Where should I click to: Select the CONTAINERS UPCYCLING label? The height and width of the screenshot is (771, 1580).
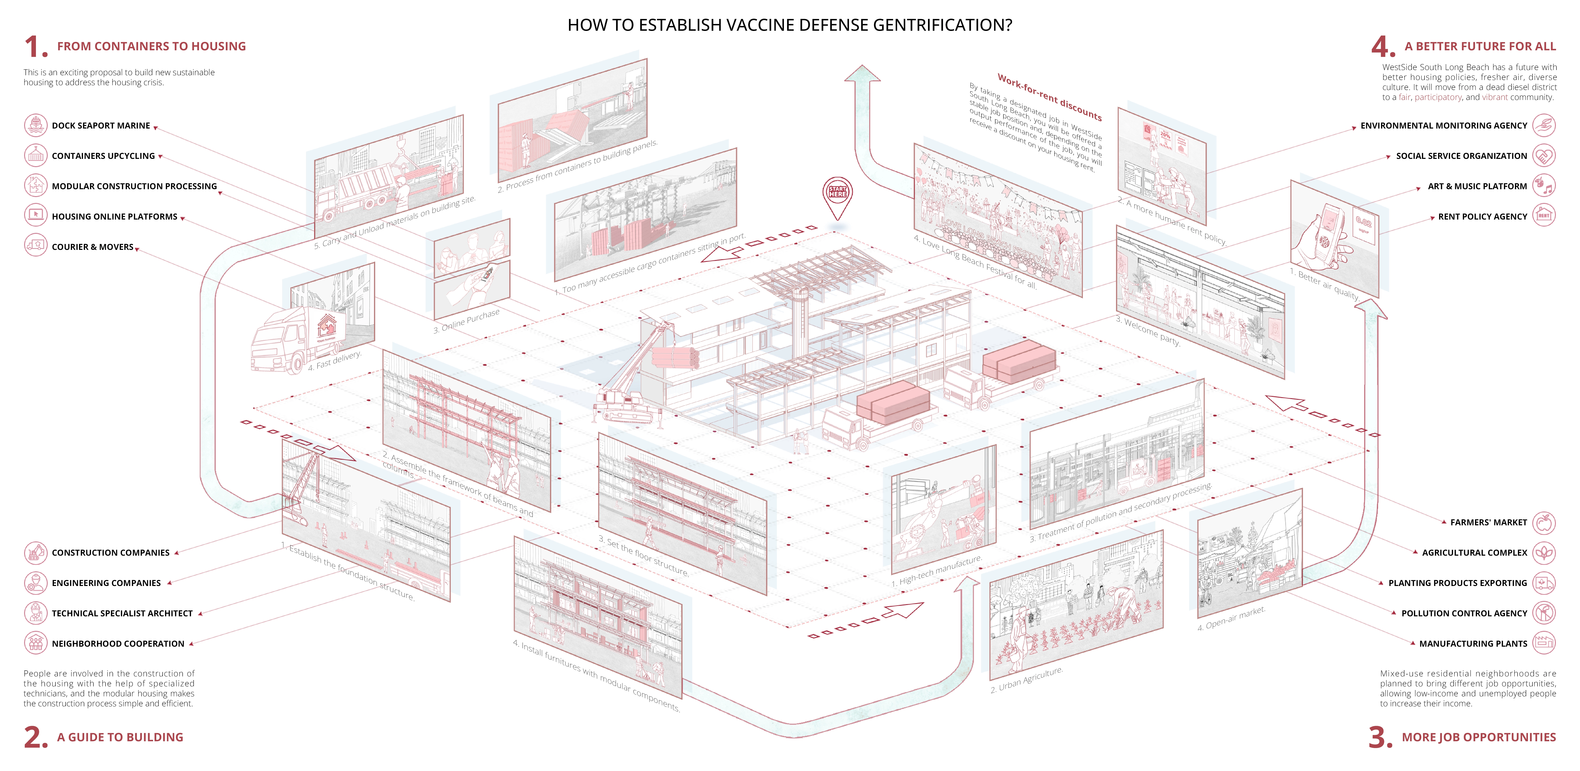point(103,156)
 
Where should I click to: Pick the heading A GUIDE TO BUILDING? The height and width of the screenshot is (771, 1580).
point(120,737)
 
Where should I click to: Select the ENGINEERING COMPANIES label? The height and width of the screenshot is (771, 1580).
point(106,583)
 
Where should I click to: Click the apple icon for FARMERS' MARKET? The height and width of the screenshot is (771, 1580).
point(1544,523)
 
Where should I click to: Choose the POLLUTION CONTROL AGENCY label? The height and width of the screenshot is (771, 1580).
point(1464,613)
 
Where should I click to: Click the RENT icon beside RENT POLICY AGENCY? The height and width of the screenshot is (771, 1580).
point(1544,216)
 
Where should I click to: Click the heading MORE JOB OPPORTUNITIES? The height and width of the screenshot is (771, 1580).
point(1479,737)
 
